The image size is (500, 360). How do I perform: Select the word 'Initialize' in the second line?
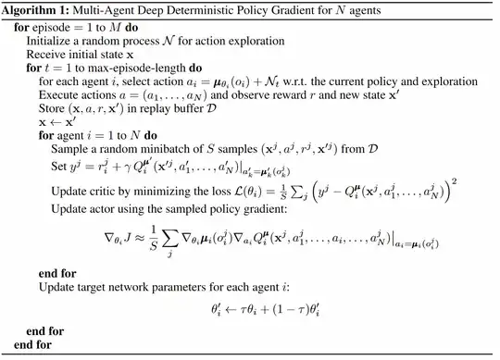50,42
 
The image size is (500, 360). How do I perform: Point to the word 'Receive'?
48,56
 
